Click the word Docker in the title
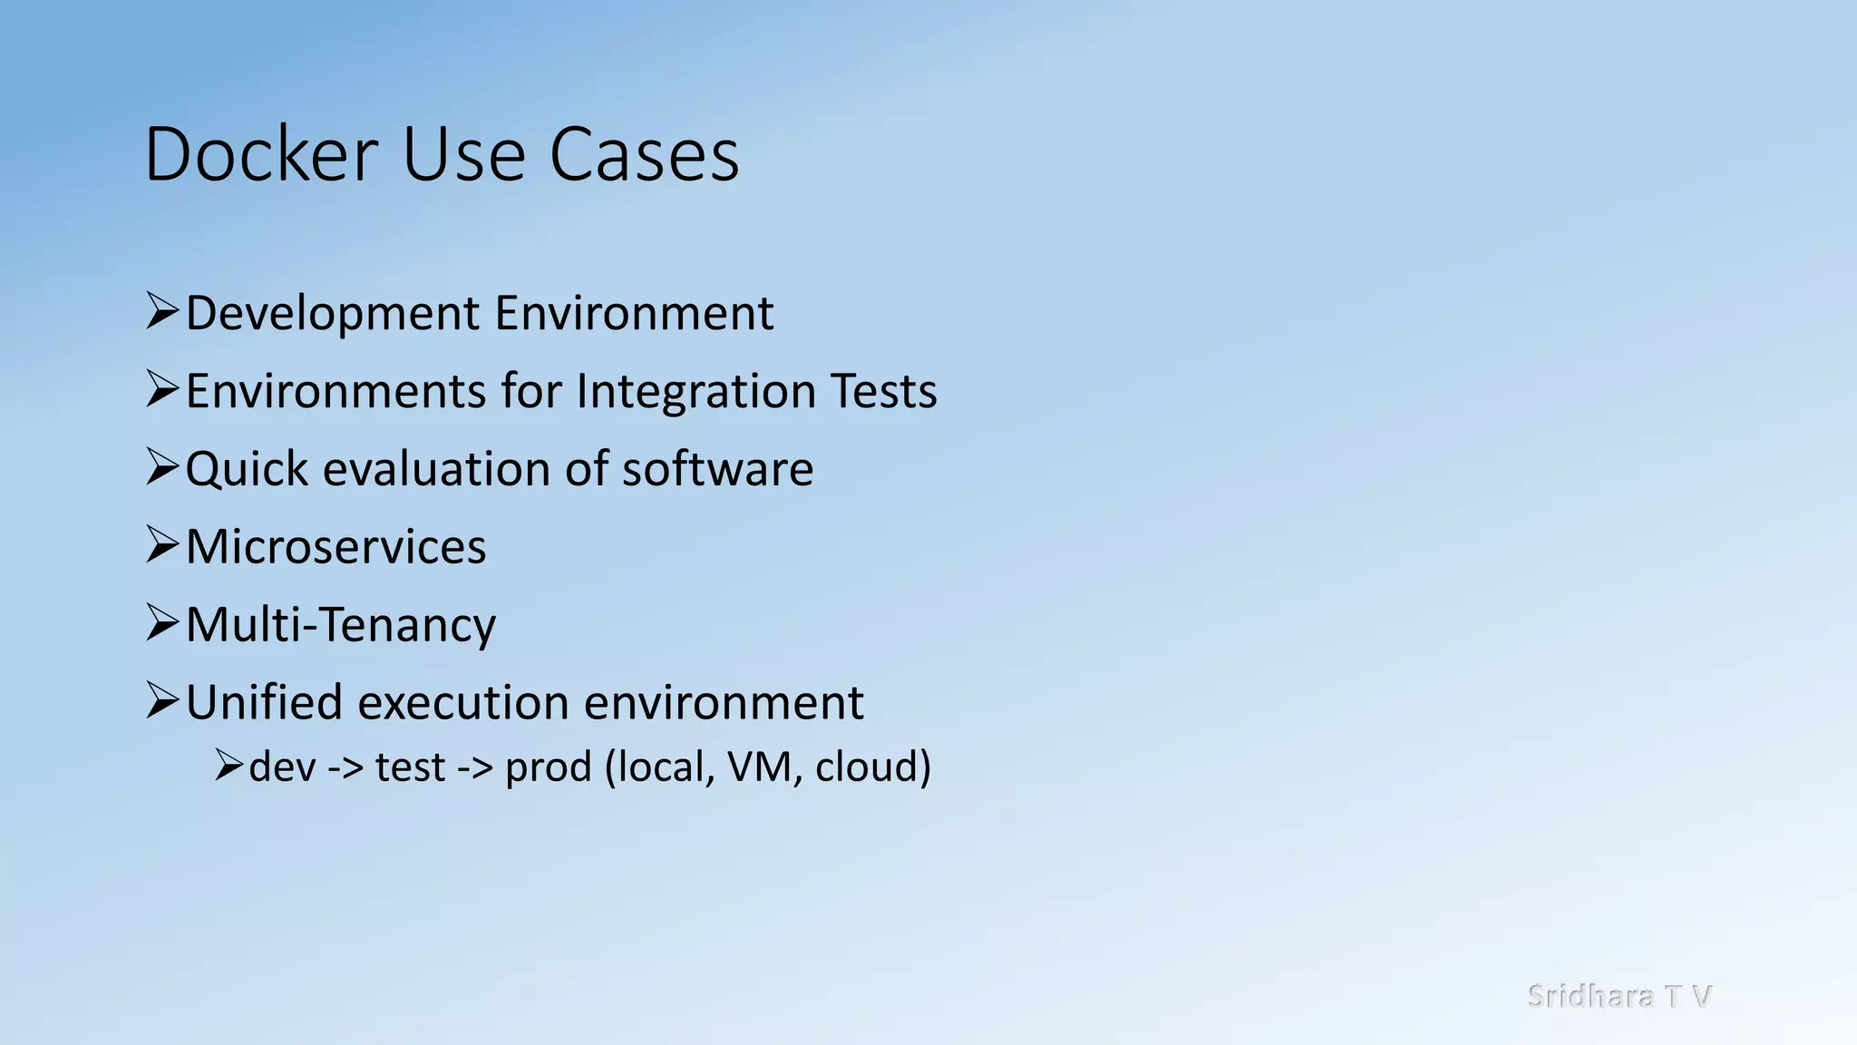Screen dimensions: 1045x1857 pos(260,154)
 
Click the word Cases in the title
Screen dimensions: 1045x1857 pos(644,154)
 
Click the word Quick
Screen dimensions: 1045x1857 pos(247,470)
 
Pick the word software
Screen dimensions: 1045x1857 pos(717,470)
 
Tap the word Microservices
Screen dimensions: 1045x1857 pos(335,547)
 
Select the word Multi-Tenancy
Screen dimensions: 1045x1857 pos(340,625)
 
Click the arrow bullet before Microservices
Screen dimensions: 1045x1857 pos(162,545)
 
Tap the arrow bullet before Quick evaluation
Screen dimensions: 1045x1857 pos(162,467)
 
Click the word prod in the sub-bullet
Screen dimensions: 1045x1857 pos(548,767)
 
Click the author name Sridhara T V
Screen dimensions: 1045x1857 pos(1619,996)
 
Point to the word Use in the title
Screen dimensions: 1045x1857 pos(462,154)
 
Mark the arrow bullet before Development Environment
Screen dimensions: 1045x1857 pos(162,311)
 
